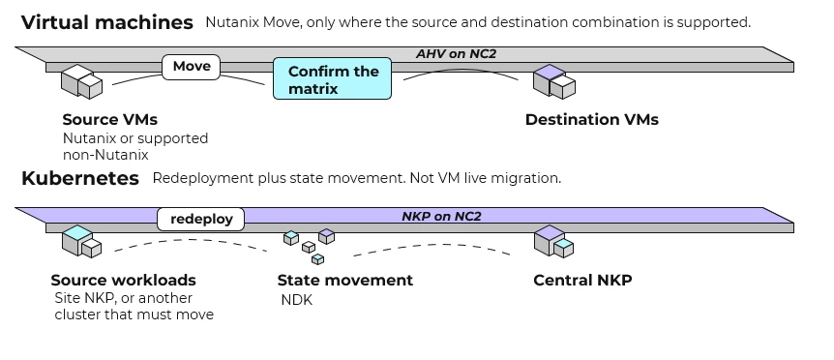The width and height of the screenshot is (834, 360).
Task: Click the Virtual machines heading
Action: coord(106,22)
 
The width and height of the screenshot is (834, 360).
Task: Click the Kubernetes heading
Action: coord(80,178)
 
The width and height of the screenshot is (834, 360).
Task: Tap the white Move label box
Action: coord(191,67)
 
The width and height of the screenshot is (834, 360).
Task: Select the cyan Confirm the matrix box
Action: coord(333,78)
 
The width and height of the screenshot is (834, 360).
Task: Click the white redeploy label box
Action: coord(201,219)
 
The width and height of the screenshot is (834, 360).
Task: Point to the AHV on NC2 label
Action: coord(456,53)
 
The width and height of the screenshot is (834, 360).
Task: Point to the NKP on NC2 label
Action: coord(441,217)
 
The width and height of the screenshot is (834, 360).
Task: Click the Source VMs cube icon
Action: coord(81,81)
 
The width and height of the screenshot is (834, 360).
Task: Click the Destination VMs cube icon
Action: coord(554,81)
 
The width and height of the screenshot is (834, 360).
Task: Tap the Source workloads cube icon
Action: coord(81,241)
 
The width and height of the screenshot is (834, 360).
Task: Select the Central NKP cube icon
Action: coord(553,241)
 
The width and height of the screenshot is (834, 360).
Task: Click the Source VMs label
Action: coord(110,120)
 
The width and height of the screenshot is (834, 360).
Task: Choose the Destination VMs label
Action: coord(592,120)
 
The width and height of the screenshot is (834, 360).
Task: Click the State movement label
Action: coord(345,281)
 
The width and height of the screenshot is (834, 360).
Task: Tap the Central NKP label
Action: coord(583,281)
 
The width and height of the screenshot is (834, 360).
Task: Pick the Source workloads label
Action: coord(124,281)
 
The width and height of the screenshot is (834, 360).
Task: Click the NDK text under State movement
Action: coord(297,300)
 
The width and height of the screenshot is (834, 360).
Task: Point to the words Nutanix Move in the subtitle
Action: coord(248,22)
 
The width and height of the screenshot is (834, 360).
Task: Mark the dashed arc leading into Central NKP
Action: coord(432,246)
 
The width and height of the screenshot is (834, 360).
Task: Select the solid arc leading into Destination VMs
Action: coord(461,70)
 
